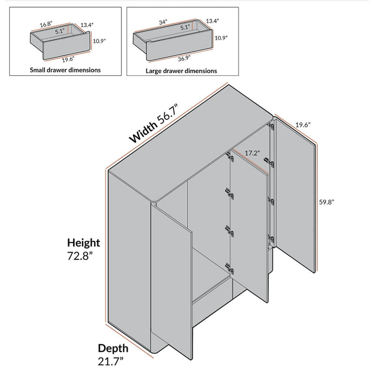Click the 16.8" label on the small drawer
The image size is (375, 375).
(46, 24)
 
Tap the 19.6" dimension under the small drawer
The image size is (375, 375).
(68, 59)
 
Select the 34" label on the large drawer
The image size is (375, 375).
(163, 22)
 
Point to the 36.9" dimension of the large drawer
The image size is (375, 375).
(184, 58)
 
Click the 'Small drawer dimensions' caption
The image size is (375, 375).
(65, 70)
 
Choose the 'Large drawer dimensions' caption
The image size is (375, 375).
(181, 71)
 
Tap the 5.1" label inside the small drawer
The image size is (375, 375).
(60, 31)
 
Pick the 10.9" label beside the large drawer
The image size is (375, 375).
(221, 38)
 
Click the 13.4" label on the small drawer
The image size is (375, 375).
(87, 25)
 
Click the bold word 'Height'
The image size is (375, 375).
(83, 242)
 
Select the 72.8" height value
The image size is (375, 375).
(80, 256)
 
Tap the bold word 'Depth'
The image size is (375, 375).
(113, 348)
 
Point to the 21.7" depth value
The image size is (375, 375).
(111, 361)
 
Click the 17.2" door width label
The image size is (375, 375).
(252, 153)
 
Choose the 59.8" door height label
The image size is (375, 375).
(326, 202)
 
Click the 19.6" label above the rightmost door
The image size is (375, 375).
(303, 125)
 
